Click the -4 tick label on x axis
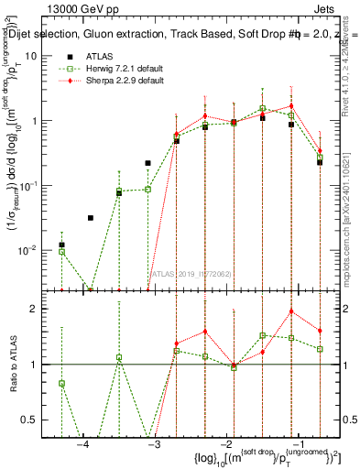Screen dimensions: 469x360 point(82,444)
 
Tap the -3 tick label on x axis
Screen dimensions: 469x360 point(153,444)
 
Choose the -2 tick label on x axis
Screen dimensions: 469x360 point(224,444)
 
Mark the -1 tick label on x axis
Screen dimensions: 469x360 point(294,444)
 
